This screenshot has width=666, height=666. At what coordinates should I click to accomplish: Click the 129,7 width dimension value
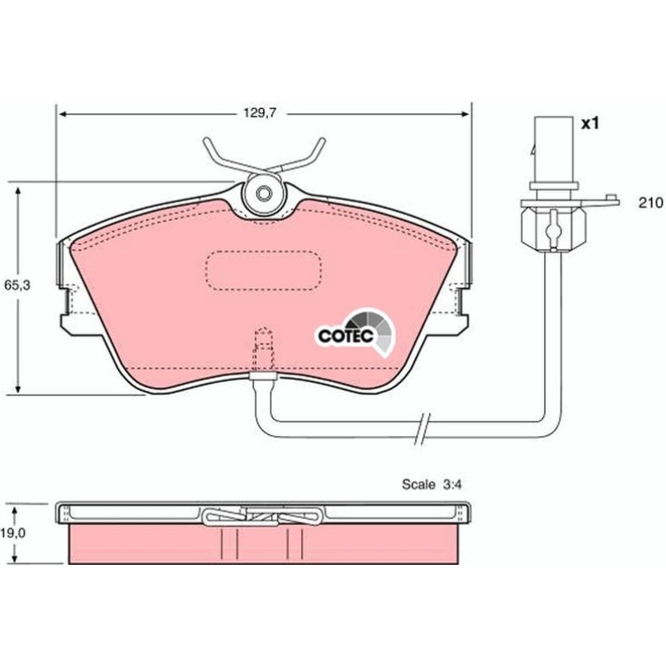259,113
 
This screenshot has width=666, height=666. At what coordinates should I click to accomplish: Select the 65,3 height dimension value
17,285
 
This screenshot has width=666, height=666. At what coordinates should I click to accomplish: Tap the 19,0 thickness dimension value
13,534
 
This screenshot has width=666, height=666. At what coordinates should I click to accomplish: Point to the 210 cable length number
650,203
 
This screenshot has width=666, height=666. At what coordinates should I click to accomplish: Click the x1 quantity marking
590,124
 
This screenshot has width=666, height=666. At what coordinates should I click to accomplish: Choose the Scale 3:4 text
432,484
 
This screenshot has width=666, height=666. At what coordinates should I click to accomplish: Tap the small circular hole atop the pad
264,194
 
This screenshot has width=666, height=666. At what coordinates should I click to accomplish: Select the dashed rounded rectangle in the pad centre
263,271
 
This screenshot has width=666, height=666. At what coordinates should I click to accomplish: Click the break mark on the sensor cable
422,429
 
